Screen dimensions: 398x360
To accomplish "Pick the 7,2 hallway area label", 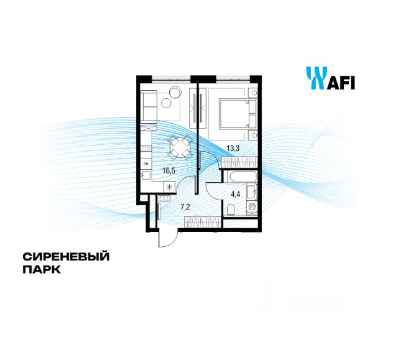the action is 185,206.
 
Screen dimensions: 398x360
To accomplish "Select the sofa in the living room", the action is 147,106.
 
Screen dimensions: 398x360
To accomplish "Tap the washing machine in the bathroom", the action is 252,206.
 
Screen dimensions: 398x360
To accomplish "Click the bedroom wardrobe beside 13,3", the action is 239,160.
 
